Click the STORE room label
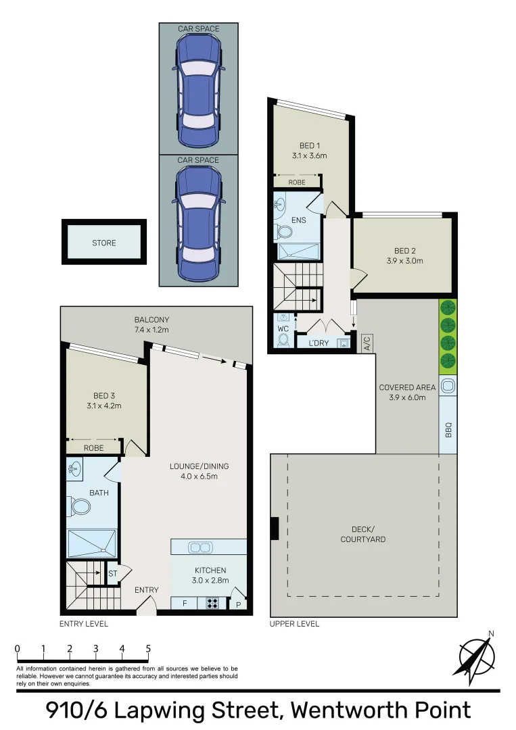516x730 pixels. pos(103,243)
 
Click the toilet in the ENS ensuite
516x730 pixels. pos(284,233)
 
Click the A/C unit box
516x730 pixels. pos(367,343)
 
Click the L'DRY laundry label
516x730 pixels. pos(318,343)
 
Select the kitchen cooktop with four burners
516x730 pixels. pos(212,604)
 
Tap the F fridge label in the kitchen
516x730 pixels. pos(185,604)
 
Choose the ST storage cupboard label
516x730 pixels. pos(112,573)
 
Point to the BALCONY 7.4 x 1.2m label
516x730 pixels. pos(151,324)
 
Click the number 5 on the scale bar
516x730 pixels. pos(148,649)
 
